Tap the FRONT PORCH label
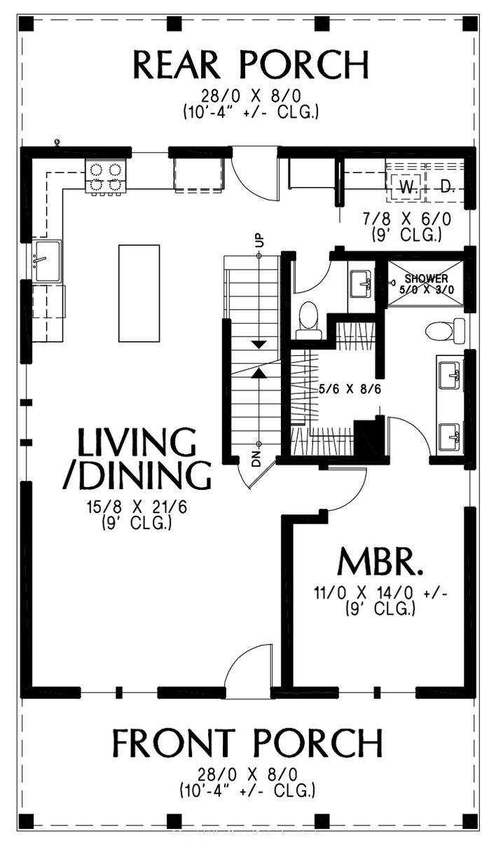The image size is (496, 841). point(248,744)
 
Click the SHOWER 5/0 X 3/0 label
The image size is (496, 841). point(426,283)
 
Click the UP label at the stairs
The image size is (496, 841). point(258,239)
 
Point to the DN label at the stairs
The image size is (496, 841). point(256,459)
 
